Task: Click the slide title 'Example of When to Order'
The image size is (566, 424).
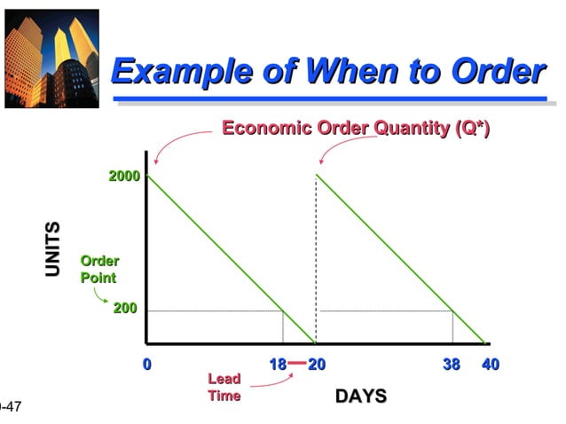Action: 328,70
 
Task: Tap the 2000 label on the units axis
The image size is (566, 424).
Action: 124,176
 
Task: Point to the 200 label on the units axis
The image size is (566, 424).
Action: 124,309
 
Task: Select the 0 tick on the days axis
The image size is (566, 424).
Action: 147,365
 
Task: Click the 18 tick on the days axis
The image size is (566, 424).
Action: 278,365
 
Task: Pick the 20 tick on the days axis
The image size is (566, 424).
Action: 317,365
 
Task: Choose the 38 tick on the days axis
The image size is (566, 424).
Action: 450,365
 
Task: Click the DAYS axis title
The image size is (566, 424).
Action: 360,396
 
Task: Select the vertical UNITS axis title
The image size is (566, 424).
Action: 54,249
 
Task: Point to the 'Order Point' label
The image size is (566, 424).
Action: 98,269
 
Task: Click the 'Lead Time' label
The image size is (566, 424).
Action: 224,387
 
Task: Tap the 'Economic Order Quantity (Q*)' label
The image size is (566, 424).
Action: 355,129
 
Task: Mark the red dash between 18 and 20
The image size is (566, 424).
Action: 297,364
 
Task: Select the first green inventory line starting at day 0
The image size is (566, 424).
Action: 231,259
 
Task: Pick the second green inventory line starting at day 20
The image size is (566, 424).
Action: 399,259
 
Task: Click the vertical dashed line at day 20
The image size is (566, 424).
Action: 316,266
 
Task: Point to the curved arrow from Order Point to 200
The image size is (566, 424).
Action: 100,296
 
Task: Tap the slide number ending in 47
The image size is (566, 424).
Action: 10,407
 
